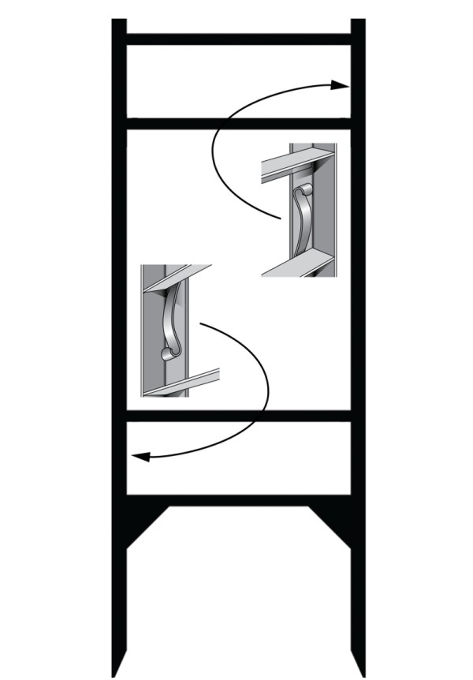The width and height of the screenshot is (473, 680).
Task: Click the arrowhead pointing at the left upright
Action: pos(138,456)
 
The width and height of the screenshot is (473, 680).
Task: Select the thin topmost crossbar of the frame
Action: pos(238,39)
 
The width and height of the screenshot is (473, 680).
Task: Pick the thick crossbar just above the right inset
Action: pos(238,124)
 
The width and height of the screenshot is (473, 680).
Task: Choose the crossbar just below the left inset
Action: pos(238,416)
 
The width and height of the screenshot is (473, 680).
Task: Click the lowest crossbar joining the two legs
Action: pos(238,500)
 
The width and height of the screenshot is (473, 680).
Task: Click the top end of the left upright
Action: pos(119,22)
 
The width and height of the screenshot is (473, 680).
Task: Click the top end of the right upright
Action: pos(358,22)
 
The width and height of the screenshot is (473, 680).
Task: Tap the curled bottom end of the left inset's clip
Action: pos(166,353)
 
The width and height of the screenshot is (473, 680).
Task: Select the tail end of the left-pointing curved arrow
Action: pos(202,323)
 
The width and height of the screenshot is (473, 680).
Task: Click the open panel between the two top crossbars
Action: pos(238,81)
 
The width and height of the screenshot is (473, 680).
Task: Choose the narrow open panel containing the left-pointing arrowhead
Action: pos(238,458)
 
